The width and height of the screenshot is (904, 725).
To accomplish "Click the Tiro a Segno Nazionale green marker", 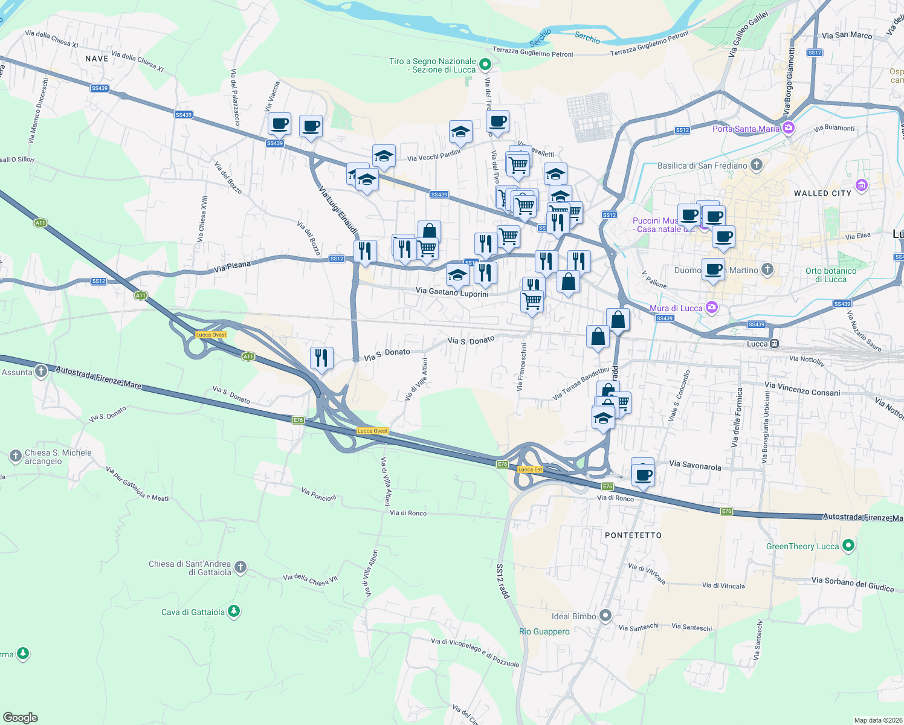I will [x=485, y=64].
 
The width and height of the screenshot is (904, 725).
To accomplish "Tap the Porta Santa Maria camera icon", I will [x=788, y=128].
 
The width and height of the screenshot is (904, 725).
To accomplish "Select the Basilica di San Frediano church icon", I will [x=756, y=165].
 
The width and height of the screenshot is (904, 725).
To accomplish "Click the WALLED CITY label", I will [x=822, y=193].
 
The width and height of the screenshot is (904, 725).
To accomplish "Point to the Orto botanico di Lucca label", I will [x=830, y=275].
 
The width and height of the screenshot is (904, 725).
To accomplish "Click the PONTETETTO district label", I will [x=633, y=535].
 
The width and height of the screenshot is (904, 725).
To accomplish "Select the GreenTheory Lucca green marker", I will [x=848, y=546].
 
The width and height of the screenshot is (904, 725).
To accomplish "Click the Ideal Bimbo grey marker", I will [x=605, y=616].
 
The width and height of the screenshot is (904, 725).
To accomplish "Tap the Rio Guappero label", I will [x=544, y=631].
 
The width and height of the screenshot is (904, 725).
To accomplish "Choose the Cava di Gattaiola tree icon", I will [x=234, y=612].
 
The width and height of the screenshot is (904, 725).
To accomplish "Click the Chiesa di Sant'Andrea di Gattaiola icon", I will [x=241, y=567].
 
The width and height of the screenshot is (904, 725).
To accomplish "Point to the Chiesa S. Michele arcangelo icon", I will [x=16, y=456].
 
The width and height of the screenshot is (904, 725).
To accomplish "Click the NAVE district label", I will [x=97, y=59].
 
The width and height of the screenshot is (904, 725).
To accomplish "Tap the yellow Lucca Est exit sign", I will [x=530, y=469].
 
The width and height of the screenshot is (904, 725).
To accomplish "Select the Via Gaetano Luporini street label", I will [x=452, y=292].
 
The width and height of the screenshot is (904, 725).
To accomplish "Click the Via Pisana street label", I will [x=232, y=267].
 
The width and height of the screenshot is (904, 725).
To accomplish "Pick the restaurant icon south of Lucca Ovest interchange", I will [x=321, y=358].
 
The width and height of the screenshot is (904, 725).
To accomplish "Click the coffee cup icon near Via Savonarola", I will [x=643, y=474].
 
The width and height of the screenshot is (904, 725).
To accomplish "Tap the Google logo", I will [x=21, y=717].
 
